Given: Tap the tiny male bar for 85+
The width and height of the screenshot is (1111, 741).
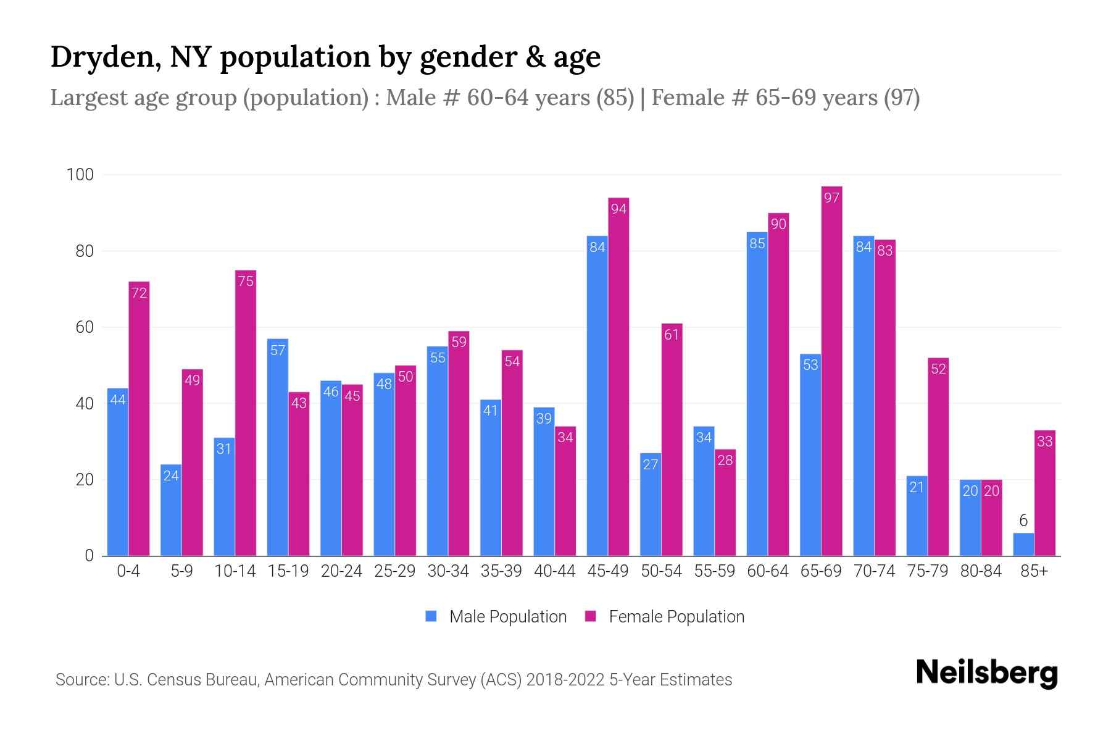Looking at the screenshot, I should pyautogui.click(x=1023, y=545).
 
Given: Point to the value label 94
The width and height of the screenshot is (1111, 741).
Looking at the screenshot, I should pyautogui.click(x=618, y=209).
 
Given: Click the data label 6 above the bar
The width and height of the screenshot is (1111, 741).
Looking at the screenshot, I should pyautogui.click(x=1023, y=521).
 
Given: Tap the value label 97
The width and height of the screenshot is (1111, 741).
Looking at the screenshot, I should pyautogui.click(x=831, y=198).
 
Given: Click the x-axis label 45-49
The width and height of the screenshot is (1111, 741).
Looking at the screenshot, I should pyautogui.click(x=607, y=571).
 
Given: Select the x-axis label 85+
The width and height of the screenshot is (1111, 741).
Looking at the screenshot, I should pyautogui.click(x=1034, y=571).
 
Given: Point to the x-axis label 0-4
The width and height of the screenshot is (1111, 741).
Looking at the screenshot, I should pyautogui.click(x=128, y=571).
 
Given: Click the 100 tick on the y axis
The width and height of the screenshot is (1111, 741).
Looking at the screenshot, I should pyautogui.click(x=80, y=175).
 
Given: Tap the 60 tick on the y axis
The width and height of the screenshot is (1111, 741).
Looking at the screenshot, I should pyautogui.click(x=84, y=327).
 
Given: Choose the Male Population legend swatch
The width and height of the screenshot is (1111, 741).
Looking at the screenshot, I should pyautogui.click(x=431, y=616).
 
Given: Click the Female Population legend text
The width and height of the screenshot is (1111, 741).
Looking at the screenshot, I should pyautogui.click(x=676, y=616).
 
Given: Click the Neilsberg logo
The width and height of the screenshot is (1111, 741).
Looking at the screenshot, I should pyautogui.click(x=986, y=672).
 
